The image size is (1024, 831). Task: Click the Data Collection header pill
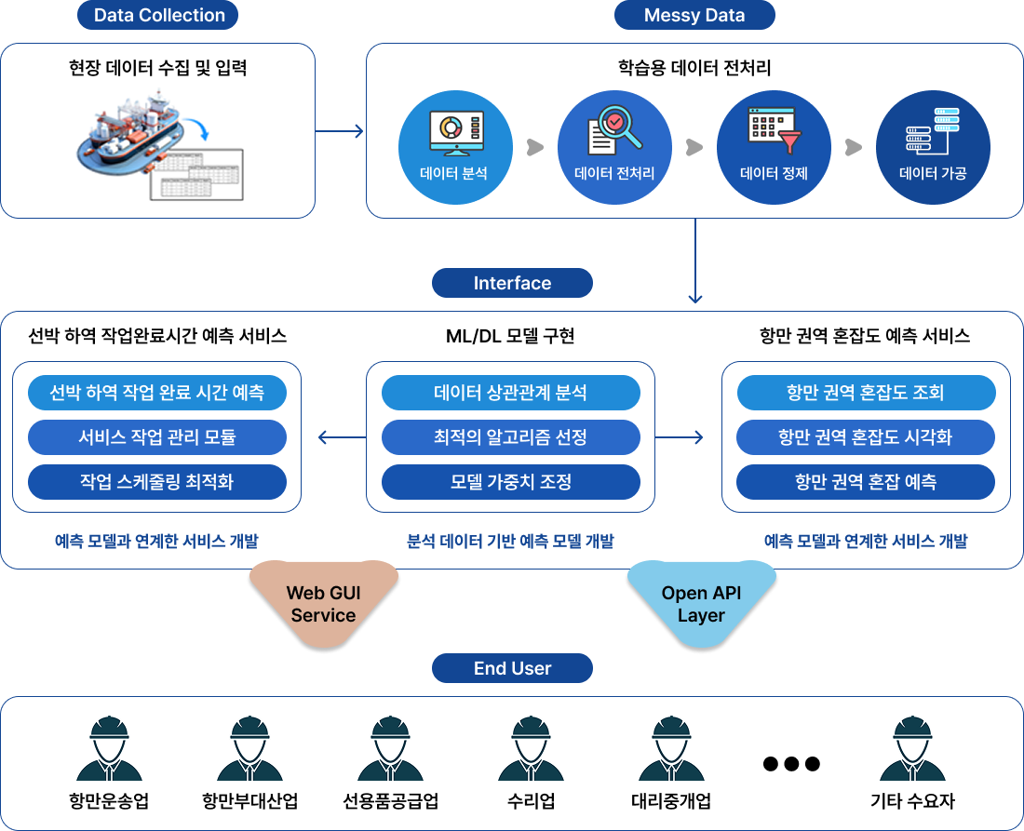[x=157, y=15]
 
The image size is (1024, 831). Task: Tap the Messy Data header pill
[x=694, y=15]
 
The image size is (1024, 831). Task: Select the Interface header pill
[x=512, y=283]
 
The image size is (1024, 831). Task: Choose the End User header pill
[x=512, y=668]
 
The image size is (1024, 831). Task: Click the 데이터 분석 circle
[x=455, y=147]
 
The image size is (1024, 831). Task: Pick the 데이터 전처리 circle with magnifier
[x=614, y=147]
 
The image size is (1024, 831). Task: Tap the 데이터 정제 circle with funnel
[x=774, y=147]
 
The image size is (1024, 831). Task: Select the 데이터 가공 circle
[x=933, y=147]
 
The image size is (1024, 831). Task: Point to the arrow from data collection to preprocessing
[x=339, y=131]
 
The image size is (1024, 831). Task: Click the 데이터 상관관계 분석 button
[x=511, y=393]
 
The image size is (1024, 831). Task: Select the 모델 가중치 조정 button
[x=511, y=482]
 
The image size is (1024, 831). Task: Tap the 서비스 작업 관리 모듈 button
[x=156, y=436]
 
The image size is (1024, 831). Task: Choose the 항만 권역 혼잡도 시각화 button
[x=866, y=436]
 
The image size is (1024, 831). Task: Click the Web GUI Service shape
[x=324, y=603]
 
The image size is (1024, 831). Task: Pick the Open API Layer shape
[x=701, y=603]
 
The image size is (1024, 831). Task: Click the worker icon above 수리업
[x=531, y=748]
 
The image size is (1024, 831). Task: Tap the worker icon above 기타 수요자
[x=912, y=748]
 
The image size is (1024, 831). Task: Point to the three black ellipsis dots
[x=791, y=763]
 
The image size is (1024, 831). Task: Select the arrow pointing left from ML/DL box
[x=343, y=436]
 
